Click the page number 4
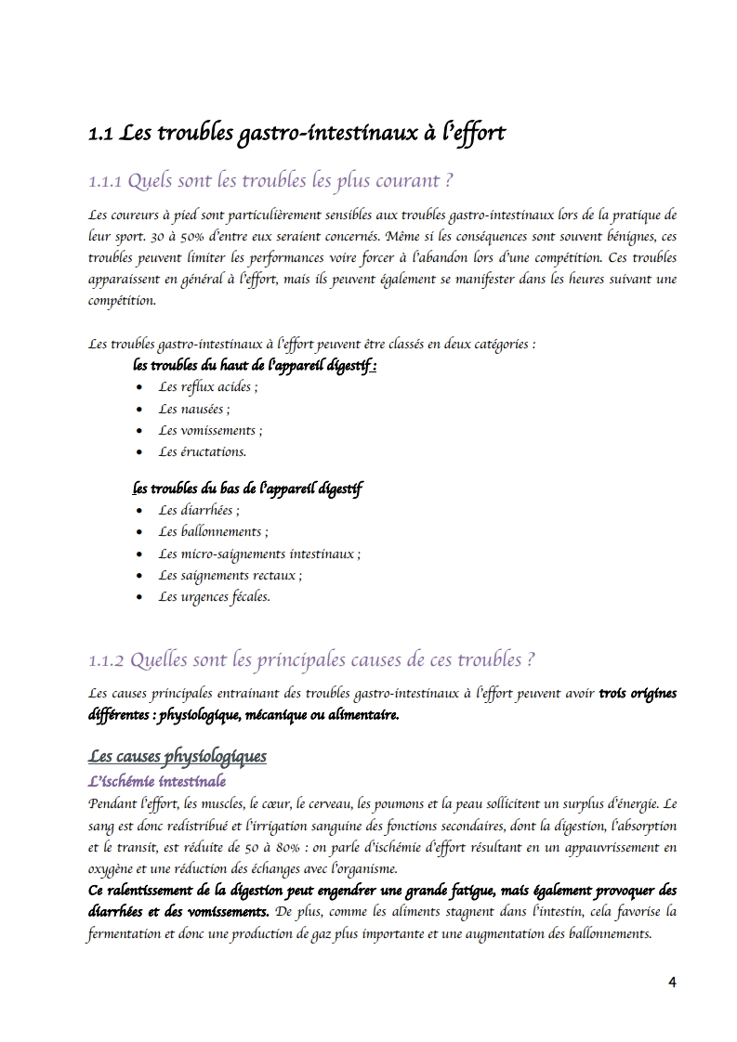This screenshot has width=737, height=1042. point(673,983)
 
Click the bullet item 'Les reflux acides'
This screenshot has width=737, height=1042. point(208,387)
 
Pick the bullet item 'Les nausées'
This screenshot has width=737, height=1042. point(194,409)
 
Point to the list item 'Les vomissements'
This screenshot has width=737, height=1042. point(210,431)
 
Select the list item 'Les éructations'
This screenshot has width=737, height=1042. point(202,452)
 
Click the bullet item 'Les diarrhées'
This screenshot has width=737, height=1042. point(199,511)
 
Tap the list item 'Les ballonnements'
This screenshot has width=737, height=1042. point(213,532)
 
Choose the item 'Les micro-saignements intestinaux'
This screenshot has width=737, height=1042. point(259,554)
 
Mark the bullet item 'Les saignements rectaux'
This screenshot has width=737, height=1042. point(230,576)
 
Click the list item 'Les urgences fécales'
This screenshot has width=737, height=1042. point(214,597)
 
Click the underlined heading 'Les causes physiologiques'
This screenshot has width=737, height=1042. point(177,757)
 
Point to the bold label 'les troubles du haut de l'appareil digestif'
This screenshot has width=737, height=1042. point(255,366)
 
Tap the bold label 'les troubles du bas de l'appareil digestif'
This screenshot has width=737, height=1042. point(247,488)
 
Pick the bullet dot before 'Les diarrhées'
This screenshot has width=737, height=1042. point(138,511)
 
